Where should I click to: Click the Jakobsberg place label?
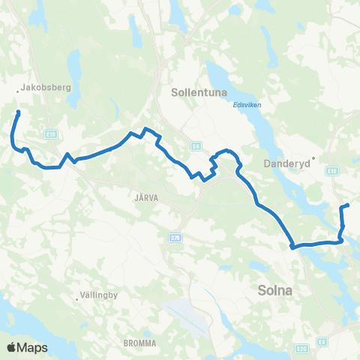[46, 87]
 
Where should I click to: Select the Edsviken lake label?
[247, 105]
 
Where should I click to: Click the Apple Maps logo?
[27, 347]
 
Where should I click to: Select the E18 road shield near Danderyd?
[332, 172]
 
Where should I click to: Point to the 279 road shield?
[175, 237]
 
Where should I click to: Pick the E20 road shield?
[302, 348]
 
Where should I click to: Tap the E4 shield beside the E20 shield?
[321, 341]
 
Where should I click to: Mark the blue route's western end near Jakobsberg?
[17, 112]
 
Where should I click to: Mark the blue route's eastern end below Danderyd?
[348, 205]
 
